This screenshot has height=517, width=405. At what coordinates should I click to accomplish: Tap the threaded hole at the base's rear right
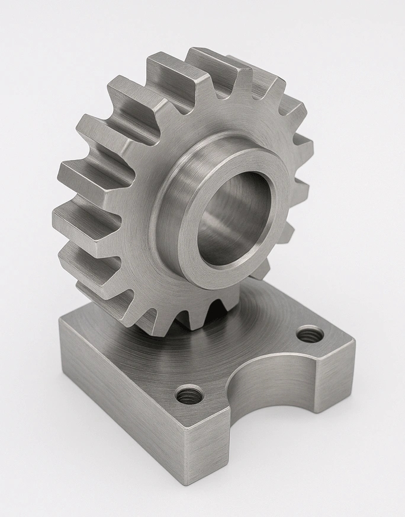click(310, 335)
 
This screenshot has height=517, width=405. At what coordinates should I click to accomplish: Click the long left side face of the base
click(118, 397)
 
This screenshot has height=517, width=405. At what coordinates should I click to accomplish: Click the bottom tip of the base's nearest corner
click(188, 497)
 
